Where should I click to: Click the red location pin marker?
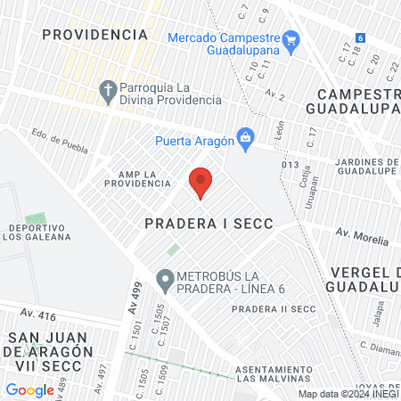[x=200, y=181]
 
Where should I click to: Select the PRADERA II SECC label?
[x=274, y=308]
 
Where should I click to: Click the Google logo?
[x=29, y=389]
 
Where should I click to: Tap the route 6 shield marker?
[x=360, y=38]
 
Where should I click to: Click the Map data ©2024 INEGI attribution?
[x=347, y=394]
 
